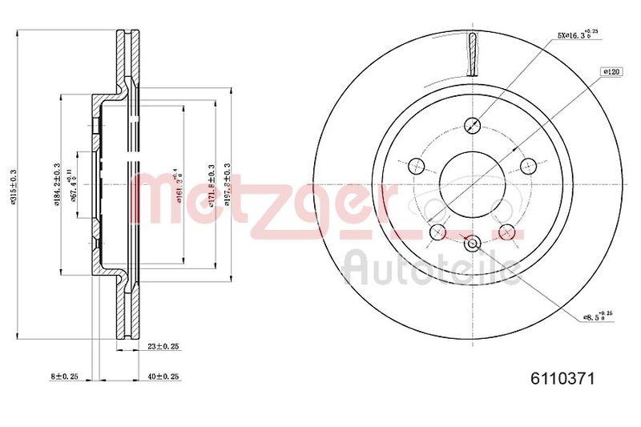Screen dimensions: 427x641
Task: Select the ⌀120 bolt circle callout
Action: (613, 71)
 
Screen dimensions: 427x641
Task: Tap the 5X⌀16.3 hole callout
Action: (578, 35)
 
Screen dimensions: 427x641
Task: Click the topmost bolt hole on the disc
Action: (472, 125)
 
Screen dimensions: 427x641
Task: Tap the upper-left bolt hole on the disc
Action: (415, 166)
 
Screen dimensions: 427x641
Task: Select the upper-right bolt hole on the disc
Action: (527, 166)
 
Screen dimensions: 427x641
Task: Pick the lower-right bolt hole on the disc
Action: (506, 232)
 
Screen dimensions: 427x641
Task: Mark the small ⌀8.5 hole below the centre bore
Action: (472, 244)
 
